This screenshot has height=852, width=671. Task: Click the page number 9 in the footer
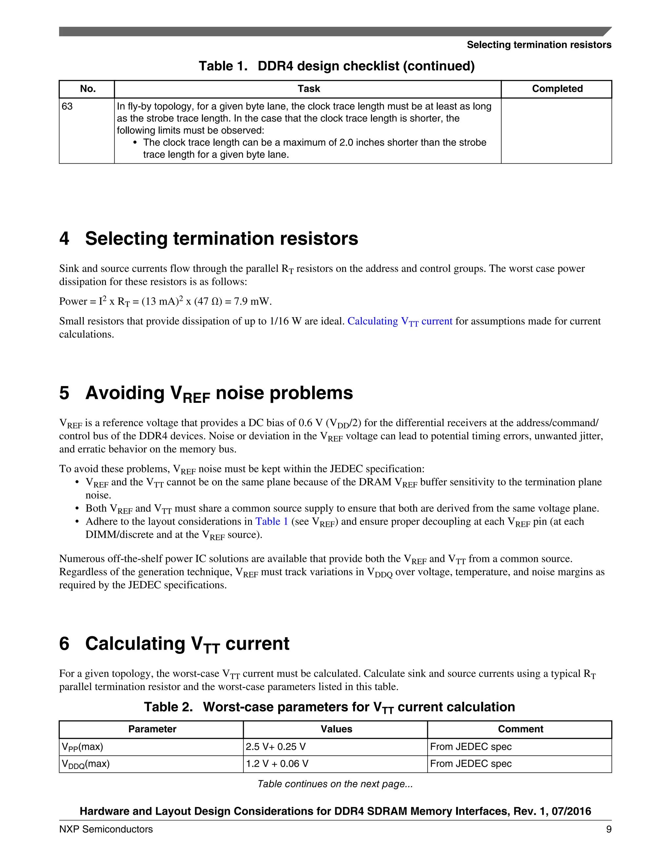608,829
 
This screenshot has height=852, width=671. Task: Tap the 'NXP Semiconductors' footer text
106,829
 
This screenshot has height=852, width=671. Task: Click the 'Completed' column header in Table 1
557,89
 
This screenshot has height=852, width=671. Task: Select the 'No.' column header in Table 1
87,89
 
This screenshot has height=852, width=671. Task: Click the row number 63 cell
67,106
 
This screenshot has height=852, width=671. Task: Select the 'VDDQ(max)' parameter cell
86,764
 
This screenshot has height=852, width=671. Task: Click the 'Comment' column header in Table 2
520,729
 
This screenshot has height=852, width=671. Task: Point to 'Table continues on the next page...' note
335,784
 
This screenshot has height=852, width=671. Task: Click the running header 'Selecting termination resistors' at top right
539,45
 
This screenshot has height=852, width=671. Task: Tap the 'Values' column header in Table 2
336,729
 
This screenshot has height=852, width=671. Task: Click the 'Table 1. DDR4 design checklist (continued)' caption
336,66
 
